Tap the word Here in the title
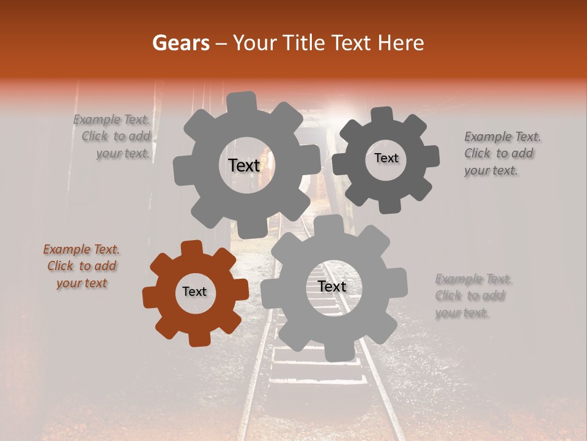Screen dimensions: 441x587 pos(401,43)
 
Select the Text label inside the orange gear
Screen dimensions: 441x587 pos(194,292)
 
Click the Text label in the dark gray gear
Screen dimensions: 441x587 pos(386,158)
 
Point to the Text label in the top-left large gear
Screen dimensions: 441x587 pos(244,165)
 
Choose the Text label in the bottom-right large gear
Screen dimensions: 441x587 pos(332,287)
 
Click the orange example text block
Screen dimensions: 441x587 pos(81,266)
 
